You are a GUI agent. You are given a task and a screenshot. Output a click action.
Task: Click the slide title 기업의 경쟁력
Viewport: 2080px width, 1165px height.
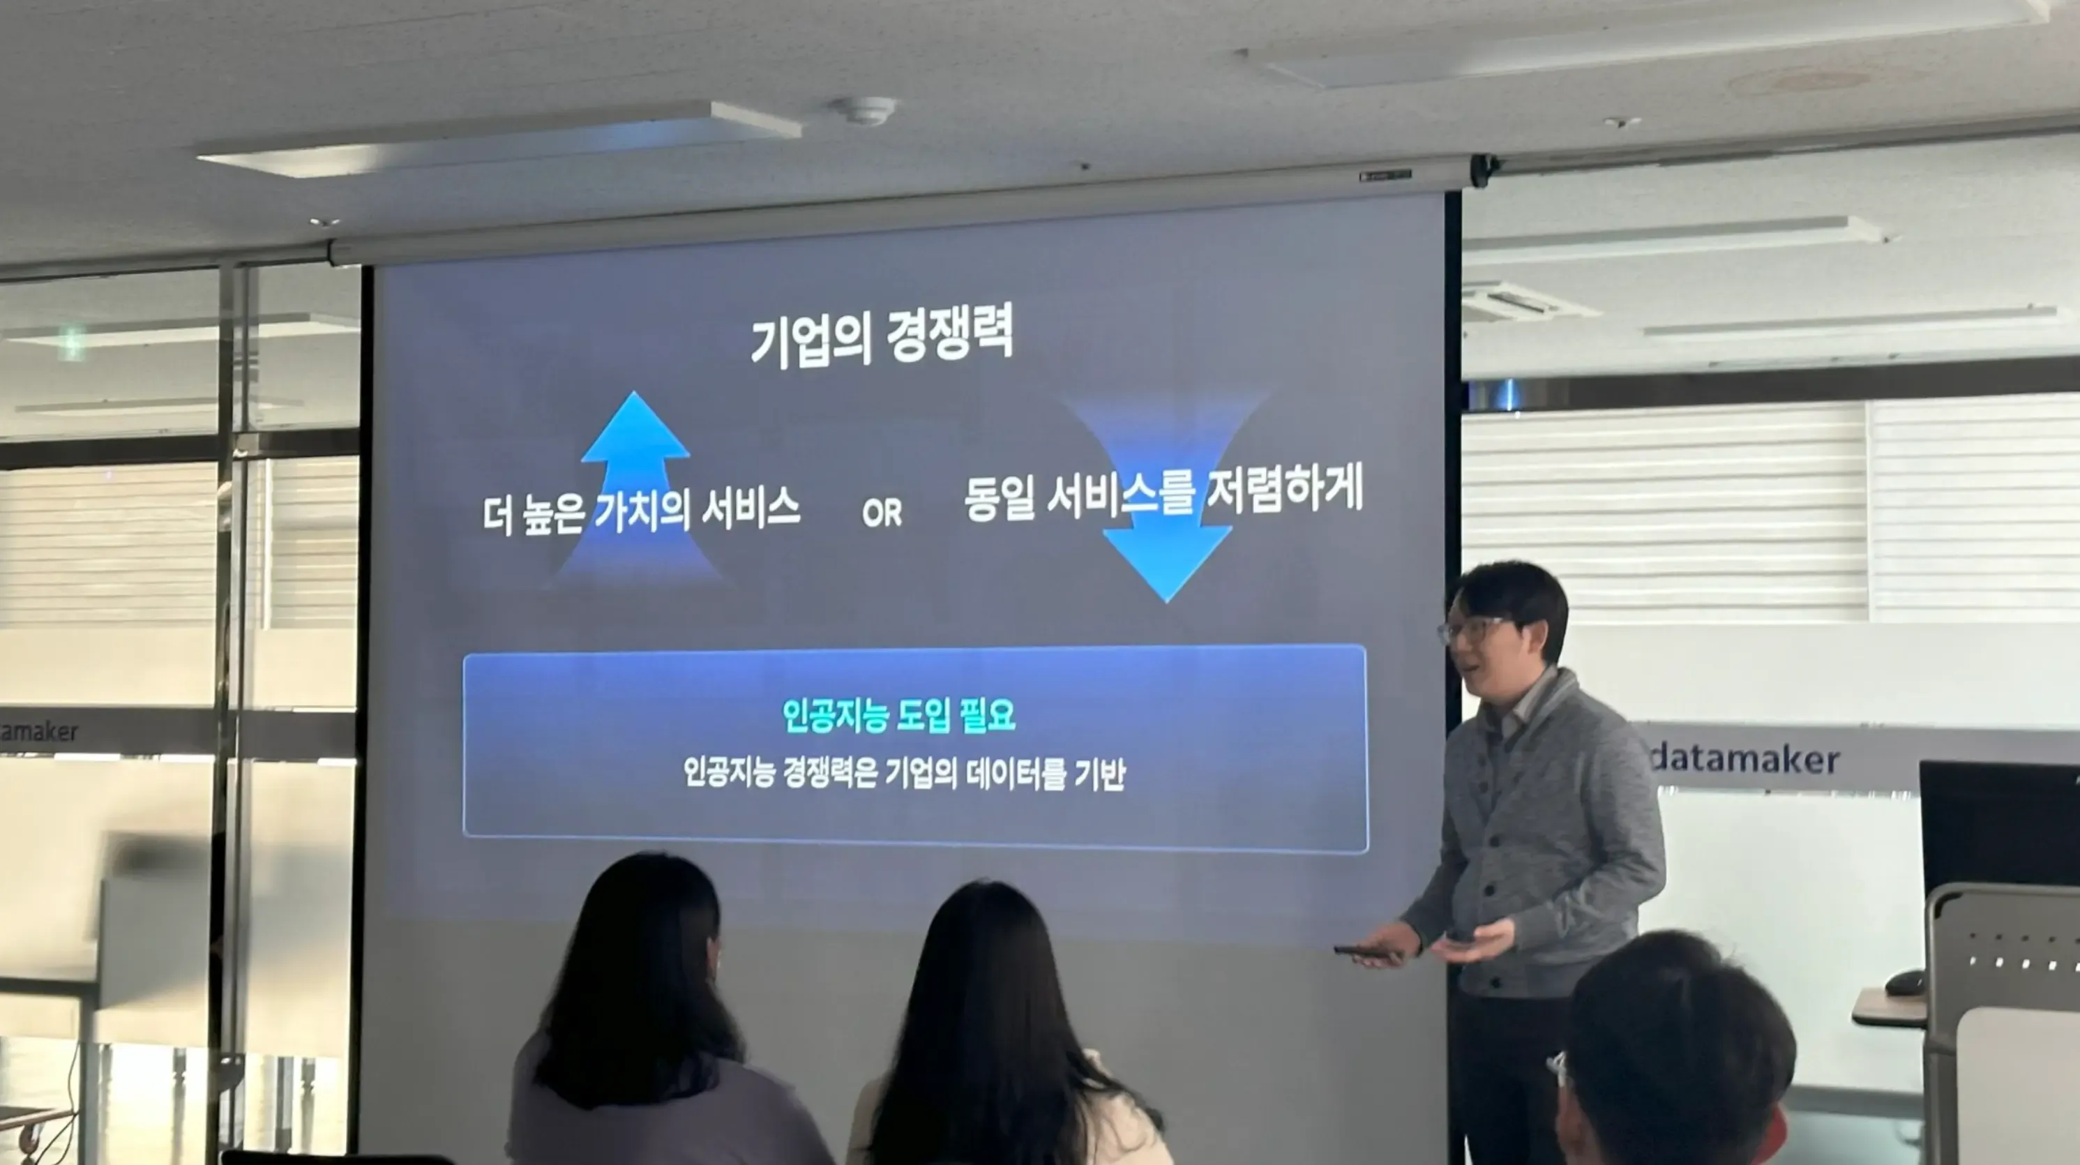pos(881,336)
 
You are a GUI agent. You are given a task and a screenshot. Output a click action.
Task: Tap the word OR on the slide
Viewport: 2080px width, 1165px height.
pos(881,513)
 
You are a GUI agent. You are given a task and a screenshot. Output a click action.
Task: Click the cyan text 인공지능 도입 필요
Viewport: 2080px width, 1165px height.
pos(898,715)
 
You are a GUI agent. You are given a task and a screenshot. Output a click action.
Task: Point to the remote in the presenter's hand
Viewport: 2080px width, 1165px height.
pos(1364,953)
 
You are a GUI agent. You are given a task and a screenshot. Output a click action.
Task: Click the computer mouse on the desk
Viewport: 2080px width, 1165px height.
pos(1906,982)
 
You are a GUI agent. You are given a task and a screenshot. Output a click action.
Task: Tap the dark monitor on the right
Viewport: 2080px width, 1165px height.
pos(1998,823)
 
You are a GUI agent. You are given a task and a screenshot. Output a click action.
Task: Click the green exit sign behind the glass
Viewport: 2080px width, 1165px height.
pos(73,343)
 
